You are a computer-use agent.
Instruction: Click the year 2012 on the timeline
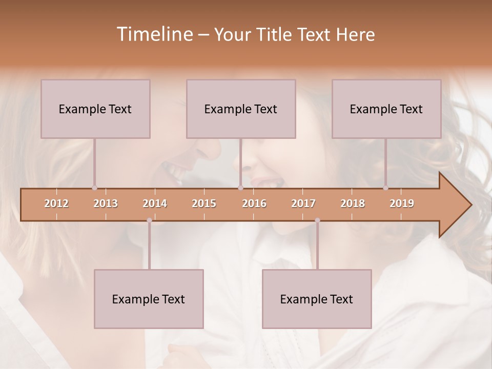point(56,203)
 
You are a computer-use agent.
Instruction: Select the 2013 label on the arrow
point(106,203)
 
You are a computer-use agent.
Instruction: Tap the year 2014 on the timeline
point(155,203)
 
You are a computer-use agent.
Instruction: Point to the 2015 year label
point(204,203)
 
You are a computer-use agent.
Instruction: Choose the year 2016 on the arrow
point(254,203)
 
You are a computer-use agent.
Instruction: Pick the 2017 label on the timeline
point(303,203)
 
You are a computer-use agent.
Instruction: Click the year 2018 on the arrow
point(353,203)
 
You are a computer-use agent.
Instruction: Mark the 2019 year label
point(402,203)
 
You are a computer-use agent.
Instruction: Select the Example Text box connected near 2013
point(95,109)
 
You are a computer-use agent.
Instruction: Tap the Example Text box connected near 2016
point(241,109)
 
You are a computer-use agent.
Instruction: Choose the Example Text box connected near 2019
point(386,109)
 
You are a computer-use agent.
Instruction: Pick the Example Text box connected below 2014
point(149,299)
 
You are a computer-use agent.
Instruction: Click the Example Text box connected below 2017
point(317,299)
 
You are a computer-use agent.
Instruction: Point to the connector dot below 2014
point(149,220)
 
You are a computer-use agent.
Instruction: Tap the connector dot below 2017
point(317,220)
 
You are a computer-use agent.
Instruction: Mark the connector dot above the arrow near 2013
point(94,188)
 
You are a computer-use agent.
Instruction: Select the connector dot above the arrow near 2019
point(385,188)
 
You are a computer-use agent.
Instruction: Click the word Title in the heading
point(277,35)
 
